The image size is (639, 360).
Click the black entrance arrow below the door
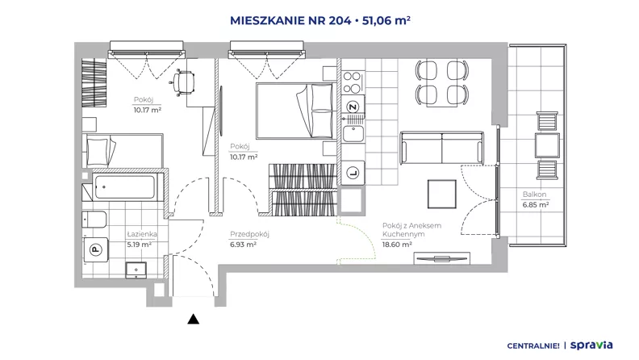[x=193, y=319]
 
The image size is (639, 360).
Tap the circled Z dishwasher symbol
[x=353, y=107]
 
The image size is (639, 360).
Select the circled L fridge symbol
[x=353, y=174]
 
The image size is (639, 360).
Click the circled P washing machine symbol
[x=96, y=249]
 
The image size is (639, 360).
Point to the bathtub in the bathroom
[x=124, y=186]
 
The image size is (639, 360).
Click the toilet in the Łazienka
[x=94, y=220]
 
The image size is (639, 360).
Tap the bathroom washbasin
[x=136, y=270]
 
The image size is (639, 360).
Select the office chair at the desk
[x=182, y=82]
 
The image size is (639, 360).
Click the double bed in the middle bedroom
[x=297, y=111]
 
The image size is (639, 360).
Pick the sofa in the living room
[x=442, y=148]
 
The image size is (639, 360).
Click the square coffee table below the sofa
[x=442, y=194]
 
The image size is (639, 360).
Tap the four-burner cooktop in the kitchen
[x=352, y=82]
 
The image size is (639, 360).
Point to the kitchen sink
[x=353, y=133]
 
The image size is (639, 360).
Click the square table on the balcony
[x=547, y=145]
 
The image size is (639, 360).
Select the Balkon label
[x=534, y=195]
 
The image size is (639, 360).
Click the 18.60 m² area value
[x=397, y=245]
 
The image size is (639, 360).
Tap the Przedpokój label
[x=249, y=234]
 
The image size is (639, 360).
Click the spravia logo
[x=591, y=345]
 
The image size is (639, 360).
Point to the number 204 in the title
[x=340, y=20]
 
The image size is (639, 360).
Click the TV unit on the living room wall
[x=442, y=258]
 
